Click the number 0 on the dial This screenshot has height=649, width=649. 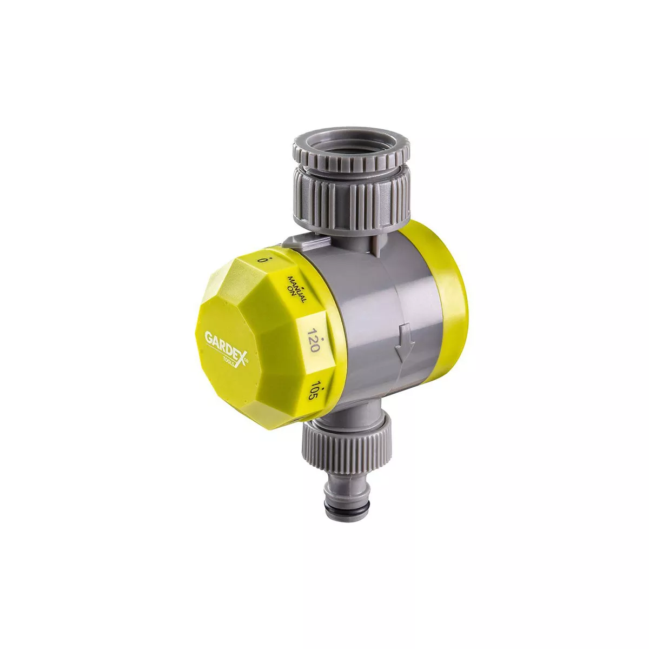pos(260,261)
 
